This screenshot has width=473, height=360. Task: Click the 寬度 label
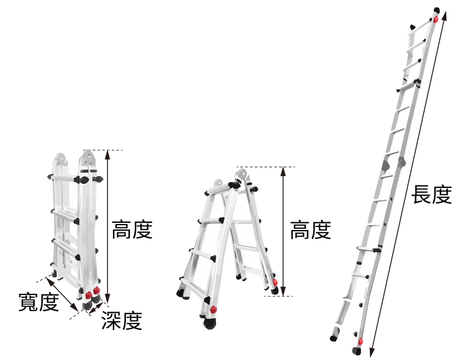(x=38, y=302)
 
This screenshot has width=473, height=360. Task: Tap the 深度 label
(x=122, y=320)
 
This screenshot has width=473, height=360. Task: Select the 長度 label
(x=432, y=194)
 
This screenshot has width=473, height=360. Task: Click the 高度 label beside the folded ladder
(x=132, y=230)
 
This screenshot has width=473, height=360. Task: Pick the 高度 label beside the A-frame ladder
(x=311, y=230)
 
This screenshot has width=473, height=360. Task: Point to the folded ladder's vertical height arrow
(x=108, y=226)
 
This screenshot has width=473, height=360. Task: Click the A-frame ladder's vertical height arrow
(x=283, y=231)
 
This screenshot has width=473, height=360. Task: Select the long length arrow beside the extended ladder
(x=409, y=184)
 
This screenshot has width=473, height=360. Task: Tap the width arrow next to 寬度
(x=62, y=294)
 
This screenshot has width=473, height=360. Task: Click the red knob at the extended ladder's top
(x=436, y=20)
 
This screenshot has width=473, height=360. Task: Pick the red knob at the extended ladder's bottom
(x=360, y=342)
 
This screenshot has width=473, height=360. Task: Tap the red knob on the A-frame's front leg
(x=213, y=309)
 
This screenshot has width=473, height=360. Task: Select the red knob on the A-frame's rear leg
(x=275, y=282)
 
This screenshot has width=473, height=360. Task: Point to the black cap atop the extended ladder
(x=437, y=10)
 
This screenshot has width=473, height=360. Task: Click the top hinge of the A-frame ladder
(x=241, y=174)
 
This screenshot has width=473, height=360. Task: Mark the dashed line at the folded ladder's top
(x=103, y=150)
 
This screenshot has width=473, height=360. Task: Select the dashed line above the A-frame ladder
(x=265, y=167)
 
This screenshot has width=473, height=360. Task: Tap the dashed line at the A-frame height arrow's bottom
(x=278, y=296)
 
